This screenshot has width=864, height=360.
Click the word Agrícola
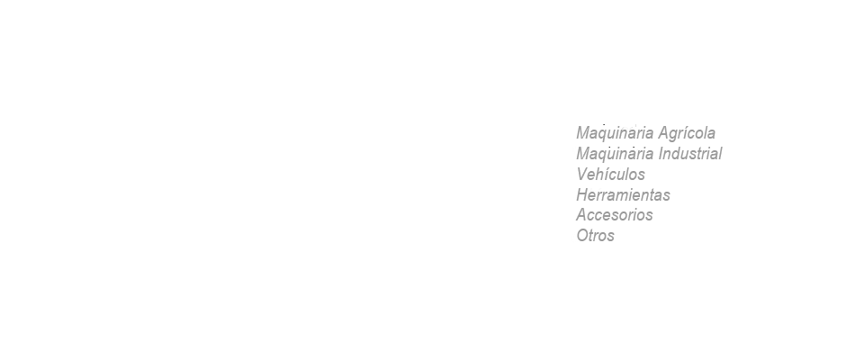point(687,133)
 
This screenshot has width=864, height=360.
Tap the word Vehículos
point(610,175)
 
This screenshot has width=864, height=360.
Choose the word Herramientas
point(623,194)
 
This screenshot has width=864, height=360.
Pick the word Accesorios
point(615,214)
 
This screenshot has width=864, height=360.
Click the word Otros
point(595,236)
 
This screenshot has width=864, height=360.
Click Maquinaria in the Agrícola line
point(615,133)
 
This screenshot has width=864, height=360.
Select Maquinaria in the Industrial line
point(615,154)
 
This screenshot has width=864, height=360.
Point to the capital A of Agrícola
point(664,133)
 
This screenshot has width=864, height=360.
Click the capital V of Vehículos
point(583,175)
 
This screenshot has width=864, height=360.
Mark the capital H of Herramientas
point(583,194)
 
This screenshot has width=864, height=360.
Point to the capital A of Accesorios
point(582,214)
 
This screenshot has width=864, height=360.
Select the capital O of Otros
point(583,236)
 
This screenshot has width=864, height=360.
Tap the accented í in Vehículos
point(611,175)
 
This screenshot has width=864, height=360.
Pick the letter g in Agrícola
point(674,135)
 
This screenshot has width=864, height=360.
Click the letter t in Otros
point(593,236)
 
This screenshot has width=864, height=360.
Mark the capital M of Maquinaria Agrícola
point(584,133)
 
